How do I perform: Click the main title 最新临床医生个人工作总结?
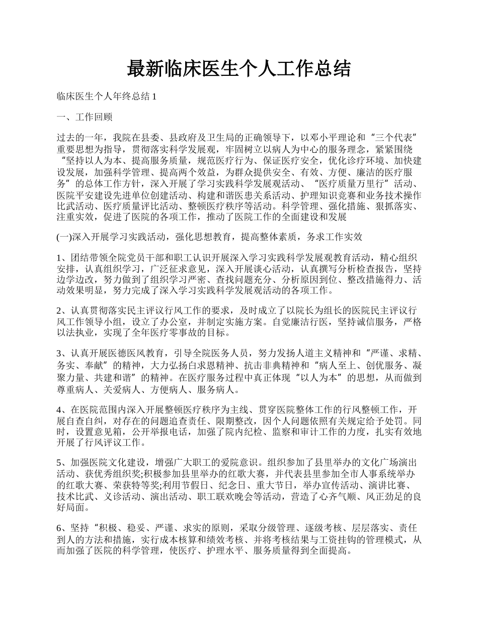pos(238,69)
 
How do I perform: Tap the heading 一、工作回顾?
pos(85,117)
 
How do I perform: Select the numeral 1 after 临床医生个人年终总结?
pos(154,96)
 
